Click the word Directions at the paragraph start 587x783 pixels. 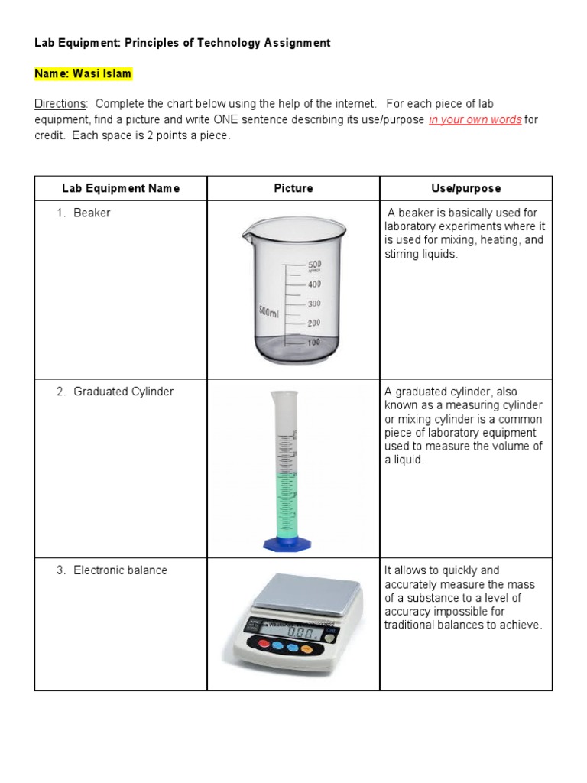coord(60,103)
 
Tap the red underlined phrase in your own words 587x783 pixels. coord(475,120)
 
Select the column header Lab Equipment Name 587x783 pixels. coord(121,188)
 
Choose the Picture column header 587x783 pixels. coord(293,188)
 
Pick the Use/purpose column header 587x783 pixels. coord(466,188)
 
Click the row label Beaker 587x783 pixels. coord(92,213)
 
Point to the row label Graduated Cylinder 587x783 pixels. coord(123,391)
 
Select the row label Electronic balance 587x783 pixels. coord(120,570)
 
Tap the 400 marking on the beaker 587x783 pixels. coord(313,284)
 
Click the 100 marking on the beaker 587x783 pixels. coord(313,343)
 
